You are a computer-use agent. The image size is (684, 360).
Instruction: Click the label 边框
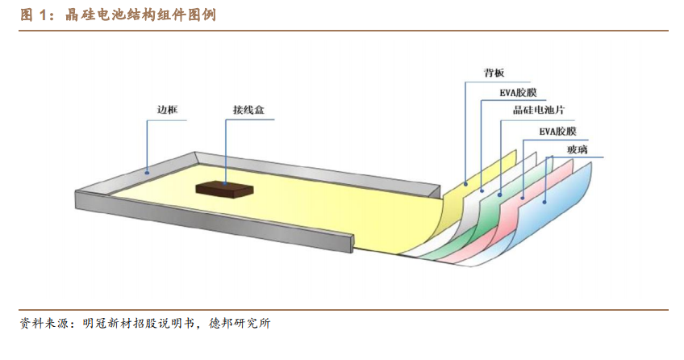pyautogui.click(x=168, y=109)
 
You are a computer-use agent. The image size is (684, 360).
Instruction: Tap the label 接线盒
pyautogui.click(x=248, y=110)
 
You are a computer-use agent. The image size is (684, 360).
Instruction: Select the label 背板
pyautogui.click(x=494, y=73)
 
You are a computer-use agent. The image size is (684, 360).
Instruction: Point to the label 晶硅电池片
pyautogui.click(x=539, y=110)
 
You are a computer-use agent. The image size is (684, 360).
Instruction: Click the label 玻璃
pyautogui.click(x=578, y=149)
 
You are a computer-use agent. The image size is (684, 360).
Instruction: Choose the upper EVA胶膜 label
pyautogui.click(x=518, y=93)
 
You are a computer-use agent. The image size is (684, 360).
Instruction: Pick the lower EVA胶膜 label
pyautogui.click(x=558, y=131)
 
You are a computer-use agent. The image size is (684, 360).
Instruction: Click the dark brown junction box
pyautogui.click(x=224, y=189)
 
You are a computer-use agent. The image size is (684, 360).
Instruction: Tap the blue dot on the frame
pyautogui.click(x=147, y=173)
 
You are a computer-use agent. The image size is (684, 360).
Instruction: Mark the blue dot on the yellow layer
pyautogui.click(x=465, y=184)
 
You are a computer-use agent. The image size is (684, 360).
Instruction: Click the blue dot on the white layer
pyautogui.click(x=482, y=190)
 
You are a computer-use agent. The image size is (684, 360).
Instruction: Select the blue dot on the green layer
pyautogui.click(x=500, y=195)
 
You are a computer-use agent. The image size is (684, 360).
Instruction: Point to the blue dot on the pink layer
pyautogui.click(x=523, y=198)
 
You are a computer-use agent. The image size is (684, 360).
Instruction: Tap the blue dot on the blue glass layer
pyautogui.click(x=544, y=202)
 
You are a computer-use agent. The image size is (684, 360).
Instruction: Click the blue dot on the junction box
pyautogui.click(x=226, y=183)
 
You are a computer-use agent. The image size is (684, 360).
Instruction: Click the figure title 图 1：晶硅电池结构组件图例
pyautogui.click(x=119, y=15)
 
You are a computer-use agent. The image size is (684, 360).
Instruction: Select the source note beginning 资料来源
pyautogui.click(x=145, y=324)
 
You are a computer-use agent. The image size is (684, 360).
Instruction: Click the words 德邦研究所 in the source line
pyautogui.click(x=240, y=324)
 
